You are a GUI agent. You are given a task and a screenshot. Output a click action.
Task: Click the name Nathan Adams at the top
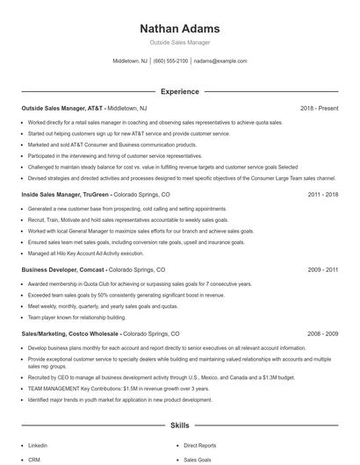coord(179,29)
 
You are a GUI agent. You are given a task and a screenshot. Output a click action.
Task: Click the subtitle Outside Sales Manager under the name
coord(179,42)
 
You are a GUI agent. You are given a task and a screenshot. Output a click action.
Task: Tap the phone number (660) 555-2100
coord(170,61)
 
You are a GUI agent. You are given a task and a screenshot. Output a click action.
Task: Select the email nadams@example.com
coord(220,61)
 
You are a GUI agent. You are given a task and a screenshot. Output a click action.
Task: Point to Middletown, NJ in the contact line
coord(130,61)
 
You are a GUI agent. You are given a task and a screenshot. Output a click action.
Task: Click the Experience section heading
coord(179,91)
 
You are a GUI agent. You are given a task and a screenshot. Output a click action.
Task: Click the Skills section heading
coord(179,425)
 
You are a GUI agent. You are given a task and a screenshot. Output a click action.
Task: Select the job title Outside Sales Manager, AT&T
coord(61,108)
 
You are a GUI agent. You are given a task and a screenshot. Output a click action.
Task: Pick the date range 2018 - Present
coord(319,108)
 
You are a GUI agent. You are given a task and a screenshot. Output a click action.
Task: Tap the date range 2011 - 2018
coord(323,195)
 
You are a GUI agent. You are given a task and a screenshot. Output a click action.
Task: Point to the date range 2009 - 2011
coord(323,270)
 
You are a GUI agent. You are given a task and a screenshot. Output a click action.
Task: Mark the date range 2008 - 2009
coord(323,334)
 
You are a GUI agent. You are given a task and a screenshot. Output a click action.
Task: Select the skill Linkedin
coord(38,446)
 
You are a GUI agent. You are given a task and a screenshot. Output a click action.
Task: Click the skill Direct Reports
coord(199,446)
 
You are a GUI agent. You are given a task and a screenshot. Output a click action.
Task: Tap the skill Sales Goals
coord(197,460)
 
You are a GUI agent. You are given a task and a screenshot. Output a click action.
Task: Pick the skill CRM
coord(34,460)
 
